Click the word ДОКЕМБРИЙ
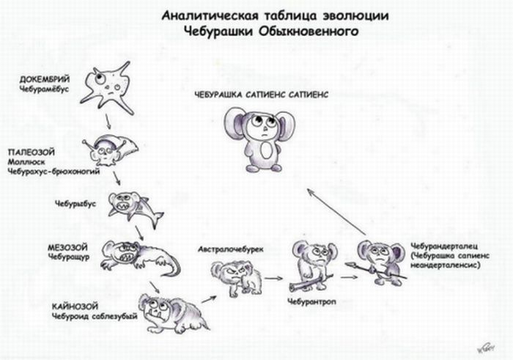[45, 79]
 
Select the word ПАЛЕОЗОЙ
[31, 153]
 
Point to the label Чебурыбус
[75, 204]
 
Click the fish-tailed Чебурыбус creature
[135, 208]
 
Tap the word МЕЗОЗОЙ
[67, 247]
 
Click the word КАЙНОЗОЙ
[75, 306]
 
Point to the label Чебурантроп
[311, 301]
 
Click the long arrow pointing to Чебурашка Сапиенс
[336, 212]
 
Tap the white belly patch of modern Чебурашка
[267, 150]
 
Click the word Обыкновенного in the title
[309, 32]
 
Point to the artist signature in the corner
[485, 348]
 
